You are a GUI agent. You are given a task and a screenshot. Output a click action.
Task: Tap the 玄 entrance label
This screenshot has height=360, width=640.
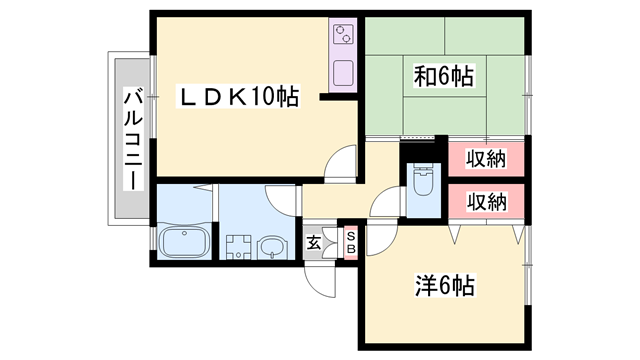pos(314,241)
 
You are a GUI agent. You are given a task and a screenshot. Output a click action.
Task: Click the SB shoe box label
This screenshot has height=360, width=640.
pos(351,241)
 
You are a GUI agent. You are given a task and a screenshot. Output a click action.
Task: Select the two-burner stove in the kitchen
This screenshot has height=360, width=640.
pos(342,37)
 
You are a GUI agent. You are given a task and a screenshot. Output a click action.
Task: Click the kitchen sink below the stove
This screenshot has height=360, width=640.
pos(342,74)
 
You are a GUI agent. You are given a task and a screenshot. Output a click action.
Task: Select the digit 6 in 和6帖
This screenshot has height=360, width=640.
pos(442,75)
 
